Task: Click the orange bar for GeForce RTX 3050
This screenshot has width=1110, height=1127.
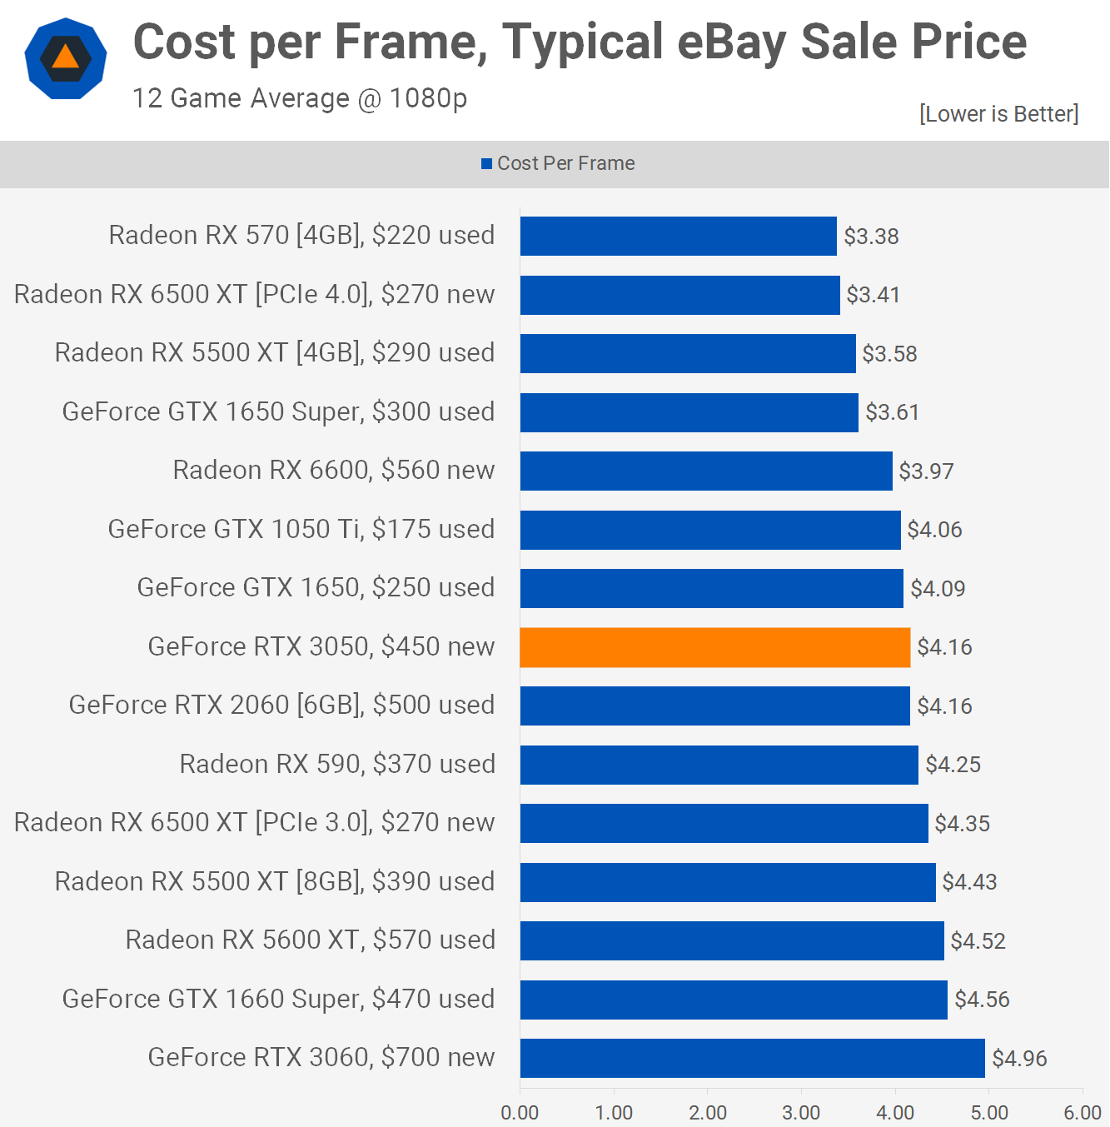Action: pyautogui.click(x=714, y=647)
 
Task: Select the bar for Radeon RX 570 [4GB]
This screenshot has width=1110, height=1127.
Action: pyautogui.click(x=678, y=237)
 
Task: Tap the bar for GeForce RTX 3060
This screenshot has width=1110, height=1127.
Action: pyautogui.click(x=752, y=1058)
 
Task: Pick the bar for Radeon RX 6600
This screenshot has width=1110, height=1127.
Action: pyautogui.click(x=706, y=471)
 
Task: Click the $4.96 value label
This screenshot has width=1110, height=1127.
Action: pyautogui.click(x=1019, y=1059)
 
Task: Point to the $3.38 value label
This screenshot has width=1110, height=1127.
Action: pyautogui.click(x=871, y=237)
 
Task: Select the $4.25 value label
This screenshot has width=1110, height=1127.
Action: pyautogui.click(x=953, y=765)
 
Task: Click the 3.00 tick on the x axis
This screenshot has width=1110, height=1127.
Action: pyautogui.click(x=801, y=1113)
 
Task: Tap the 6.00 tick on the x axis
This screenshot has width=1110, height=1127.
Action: pyautogui.click(x=1082, y=1113)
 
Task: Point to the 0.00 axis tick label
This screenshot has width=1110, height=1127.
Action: pyautogui.click(x=520, y=1113)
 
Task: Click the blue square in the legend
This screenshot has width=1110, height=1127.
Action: pyautogui.click(x=486, y=164)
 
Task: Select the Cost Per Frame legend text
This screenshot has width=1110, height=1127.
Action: pyautogui.click(x=565, y=164)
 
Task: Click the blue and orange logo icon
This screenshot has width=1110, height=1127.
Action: pyautogui.click(x=66, y=58)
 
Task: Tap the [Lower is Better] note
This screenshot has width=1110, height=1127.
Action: pyautogui.click(x=998, y=114)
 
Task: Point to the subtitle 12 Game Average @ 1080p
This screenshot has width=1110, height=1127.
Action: pyautogui.click(x=300, y=98)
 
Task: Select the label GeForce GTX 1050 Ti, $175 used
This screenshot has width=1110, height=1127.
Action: pyautogui.click(x=301, y=530)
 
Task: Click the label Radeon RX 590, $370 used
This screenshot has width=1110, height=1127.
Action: pyautogui.click(x=337, y=765)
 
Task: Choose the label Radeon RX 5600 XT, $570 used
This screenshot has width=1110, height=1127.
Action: pyautogui.click(x=310, y=940)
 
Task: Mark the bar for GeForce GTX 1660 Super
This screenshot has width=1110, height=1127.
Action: pyautogui.click(x=734, y=1000)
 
